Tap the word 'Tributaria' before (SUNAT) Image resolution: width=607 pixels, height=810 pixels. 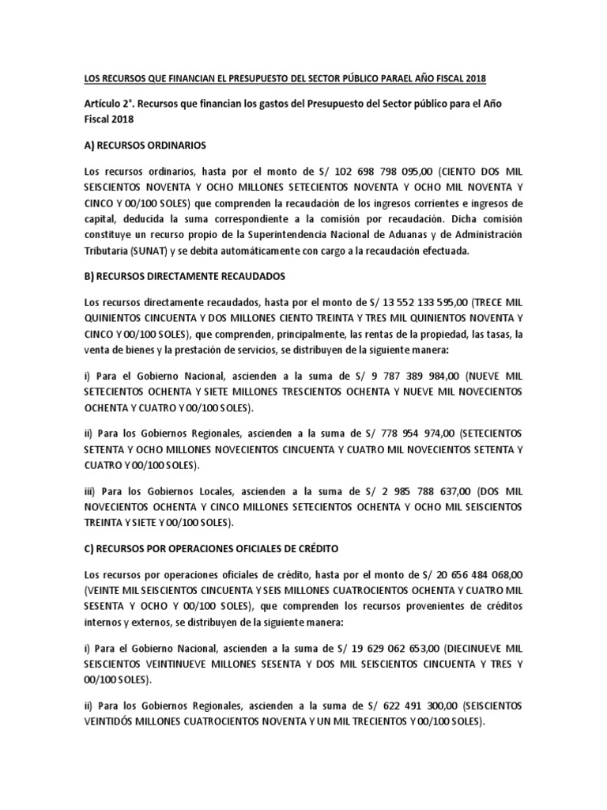pos(108,252)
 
